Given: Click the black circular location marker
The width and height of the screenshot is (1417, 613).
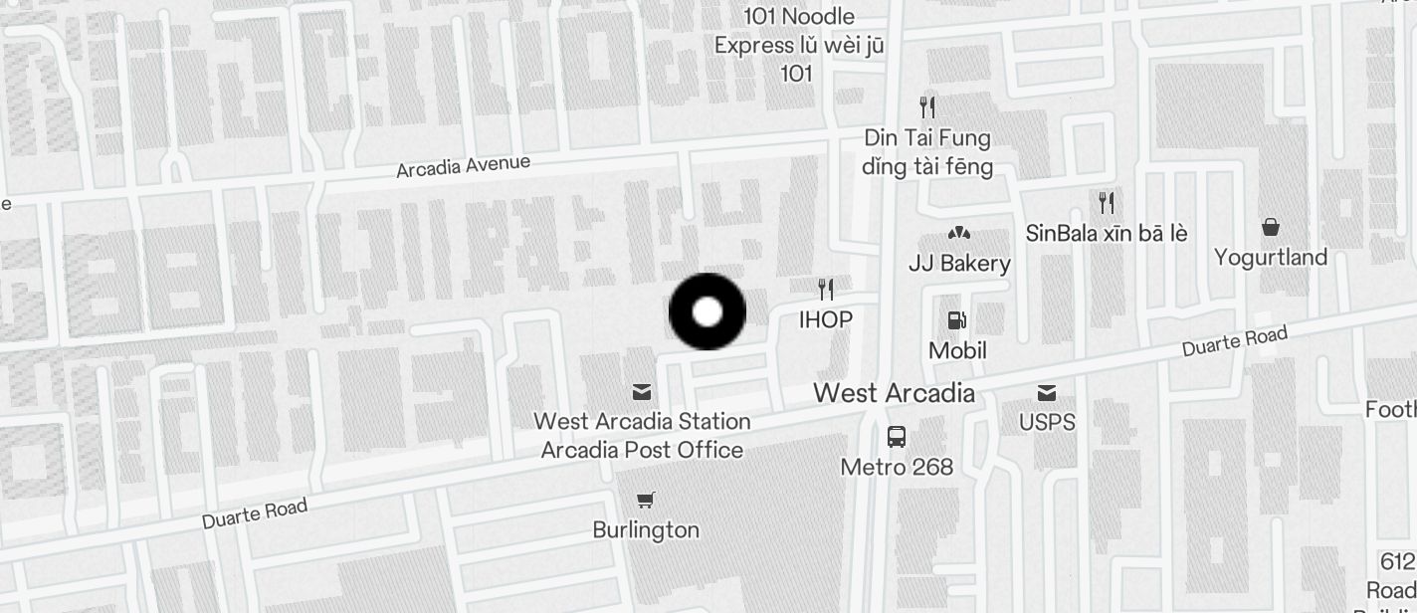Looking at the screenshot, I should (x=707, y=311).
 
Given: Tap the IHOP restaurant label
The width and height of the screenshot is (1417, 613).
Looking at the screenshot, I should (x=826, y=319).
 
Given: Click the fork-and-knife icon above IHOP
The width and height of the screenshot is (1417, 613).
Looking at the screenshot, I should (x=826, y=290).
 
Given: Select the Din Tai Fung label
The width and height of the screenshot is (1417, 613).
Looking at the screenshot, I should (x=927, y=137).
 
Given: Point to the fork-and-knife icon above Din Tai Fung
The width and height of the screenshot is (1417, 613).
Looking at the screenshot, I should (x=927, y=106).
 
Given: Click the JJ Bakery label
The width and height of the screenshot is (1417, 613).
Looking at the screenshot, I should (x=959, y=264).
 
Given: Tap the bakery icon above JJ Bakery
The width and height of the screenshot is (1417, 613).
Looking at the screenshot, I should (x=959, y=234).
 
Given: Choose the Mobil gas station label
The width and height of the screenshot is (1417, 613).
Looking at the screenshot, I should (x=957, y=350).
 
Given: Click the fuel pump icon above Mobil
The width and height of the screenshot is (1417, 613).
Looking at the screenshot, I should (x=957, y=320).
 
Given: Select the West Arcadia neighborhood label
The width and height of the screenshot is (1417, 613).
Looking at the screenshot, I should (x=894, y=393).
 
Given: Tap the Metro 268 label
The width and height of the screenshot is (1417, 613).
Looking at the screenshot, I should (x=897, y=467).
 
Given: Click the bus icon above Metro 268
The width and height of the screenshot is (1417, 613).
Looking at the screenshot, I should (x=897, y=437).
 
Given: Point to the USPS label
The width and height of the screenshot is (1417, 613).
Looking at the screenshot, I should (x=1047, y=422).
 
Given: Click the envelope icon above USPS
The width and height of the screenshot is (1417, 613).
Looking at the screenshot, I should (x=1047, y=392).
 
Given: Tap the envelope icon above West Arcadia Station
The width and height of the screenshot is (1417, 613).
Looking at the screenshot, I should (x=642, y=392).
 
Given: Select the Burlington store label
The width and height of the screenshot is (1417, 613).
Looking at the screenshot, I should (x=646, y=529).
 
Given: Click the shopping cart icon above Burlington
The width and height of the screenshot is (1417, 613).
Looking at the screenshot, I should (x=646, y=500).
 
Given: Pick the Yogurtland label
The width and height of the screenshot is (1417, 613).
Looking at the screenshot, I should (x=1271, y=258).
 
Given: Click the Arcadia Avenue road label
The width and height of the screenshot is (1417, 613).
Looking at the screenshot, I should (x=463, y=167).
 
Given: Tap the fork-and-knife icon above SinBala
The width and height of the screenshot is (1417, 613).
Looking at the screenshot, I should (x=1106, y=203).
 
